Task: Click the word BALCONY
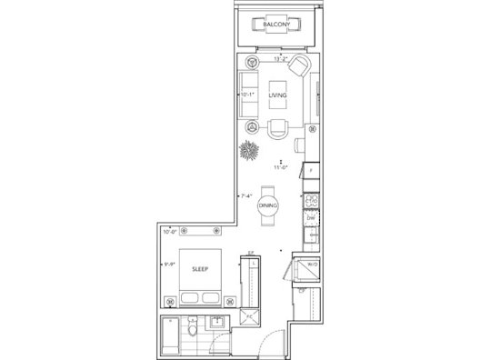(x=277, y=25)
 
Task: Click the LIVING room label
(x=277, y=95)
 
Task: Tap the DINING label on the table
(x=267, y=206)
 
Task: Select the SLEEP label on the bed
(x=199, y=270)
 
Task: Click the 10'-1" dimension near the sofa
(x=247, y=93)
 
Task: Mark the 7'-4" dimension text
(x=245, y=195)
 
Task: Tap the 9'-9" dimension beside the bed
(x=169, y=265)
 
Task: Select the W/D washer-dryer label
(x=312, y=265)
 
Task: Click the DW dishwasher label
(x=310, y=219)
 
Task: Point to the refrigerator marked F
(x=311, y=169)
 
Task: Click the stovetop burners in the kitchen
(x=310, y=202)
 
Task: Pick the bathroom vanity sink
(x=218, y=325)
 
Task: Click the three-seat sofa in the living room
(x=249, y=95)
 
